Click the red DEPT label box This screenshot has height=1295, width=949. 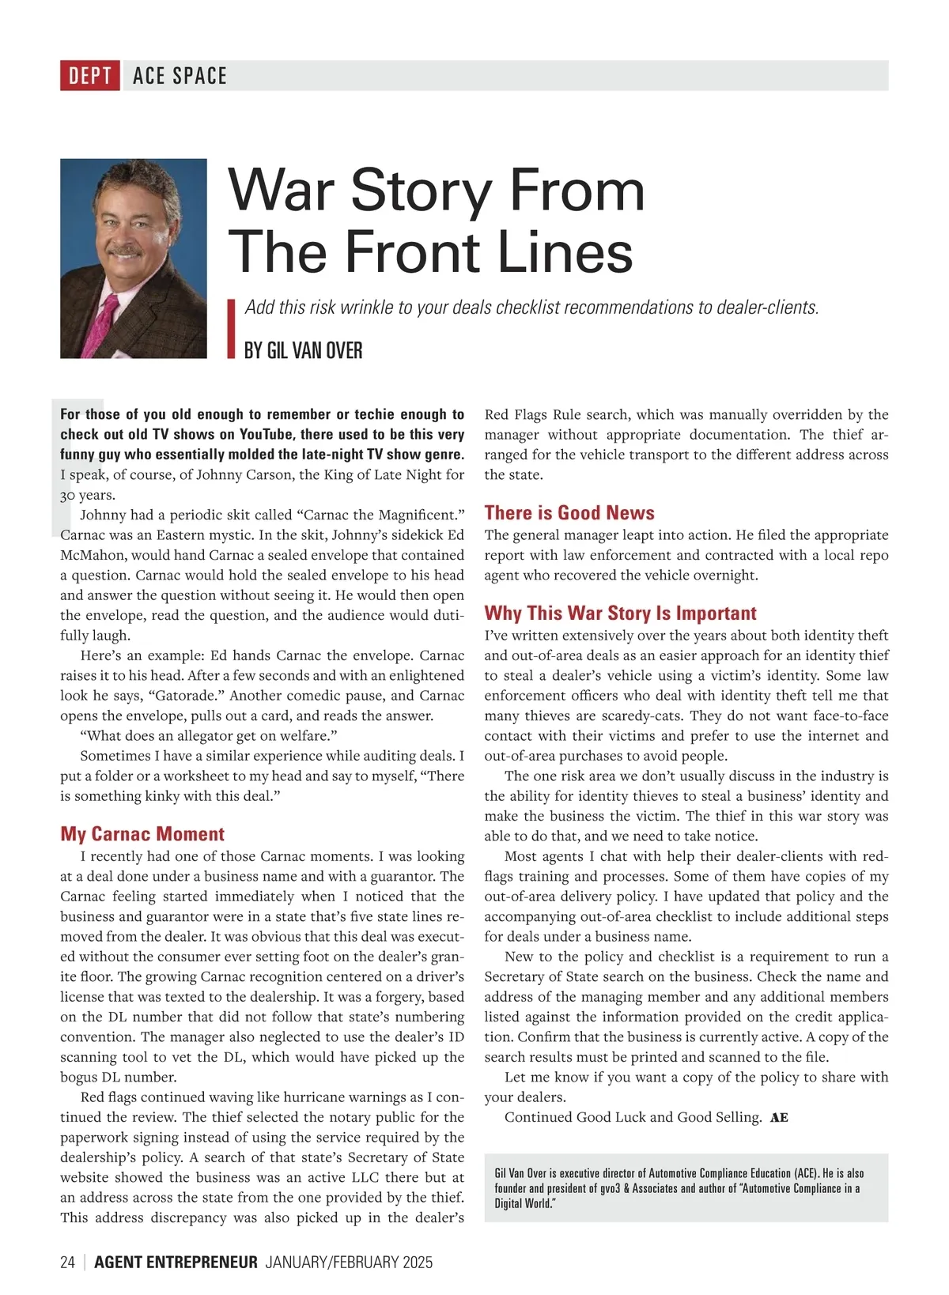point(89,76)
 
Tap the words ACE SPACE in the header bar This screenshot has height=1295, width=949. point(180,76)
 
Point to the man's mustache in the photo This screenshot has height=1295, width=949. point(125,251)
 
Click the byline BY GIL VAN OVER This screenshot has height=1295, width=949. point(303,350)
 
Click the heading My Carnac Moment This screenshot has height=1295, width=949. point(142,834)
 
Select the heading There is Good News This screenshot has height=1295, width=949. point(569,513)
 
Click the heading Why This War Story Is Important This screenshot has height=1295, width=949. point(620,614)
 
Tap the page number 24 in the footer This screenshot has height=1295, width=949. point(67,1262)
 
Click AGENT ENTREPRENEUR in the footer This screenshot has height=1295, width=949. point(176,1262)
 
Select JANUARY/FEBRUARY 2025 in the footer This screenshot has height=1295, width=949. point(349,1262)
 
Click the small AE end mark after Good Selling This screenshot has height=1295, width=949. point(779,1118)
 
